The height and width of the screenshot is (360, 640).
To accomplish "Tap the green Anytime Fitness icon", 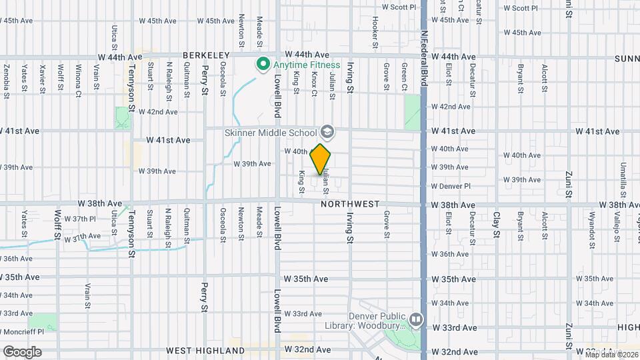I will click(x=263, y=65).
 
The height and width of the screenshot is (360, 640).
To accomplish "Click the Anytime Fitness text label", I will click(x=307, y=65).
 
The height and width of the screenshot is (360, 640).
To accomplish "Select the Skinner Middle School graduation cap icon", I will click(x=327, y=131).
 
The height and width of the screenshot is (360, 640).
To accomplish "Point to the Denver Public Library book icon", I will click(x=417, y=321).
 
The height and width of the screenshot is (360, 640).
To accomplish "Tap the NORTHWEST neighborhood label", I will click(x=350, y=204).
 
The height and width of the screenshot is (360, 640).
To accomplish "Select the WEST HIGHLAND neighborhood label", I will click(x=205, y=350).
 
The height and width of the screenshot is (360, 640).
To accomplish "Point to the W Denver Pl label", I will click(x=451, y=186).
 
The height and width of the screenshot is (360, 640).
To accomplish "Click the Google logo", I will click(x=22, y=351).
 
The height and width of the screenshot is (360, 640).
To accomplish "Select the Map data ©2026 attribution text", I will click(x=611, y=355).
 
